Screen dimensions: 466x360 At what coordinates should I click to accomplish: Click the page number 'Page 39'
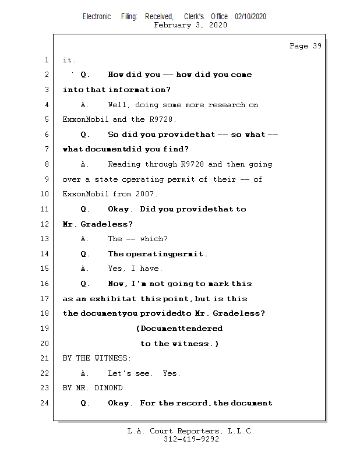(x=305, y=46)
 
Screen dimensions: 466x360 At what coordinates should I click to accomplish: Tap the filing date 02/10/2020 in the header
(x=250, y=17)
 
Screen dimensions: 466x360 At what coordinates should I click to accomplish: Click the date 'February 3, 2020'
(x=190, y=25)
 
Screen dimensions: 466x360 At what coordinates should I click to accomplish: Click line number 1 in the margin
(x=46, y=60)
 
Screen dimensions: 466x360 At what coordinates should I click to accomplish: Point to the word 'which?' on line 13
(x=154, y=239)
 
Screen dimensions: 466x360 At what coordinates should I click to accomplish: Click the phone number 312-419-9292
(x=191, y=439)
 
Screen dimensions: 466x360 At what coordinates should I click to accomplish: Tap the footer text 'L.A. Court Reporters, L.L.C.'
(x=191, y=431)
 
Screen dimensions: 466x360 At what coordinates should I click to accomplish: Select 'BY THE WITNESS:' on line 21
(x=97, y=358)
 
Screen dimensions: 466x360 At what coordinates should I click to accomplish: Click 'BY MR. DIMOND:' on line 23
(x=94, y=388)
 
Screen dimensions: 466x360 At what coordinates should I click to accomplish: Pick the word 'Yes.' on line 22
(x=172, y=373)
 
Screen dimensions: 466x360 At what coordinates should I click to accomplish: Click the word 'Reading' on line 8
(x=124, y=164)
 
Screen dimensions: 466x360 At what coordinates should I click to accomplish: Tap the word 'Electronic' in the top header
(x=97, y=17)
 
